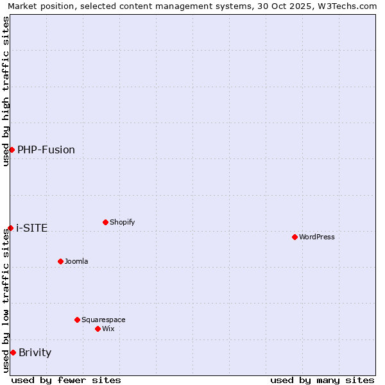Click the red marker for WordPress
pyautogui.click(x=295, y=237)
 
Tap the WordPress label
pyautogui.click(x=316, y=237)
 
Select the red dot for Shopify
pyautogui.click(x=105, y=222)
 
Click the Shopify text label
pyautogui.click(x=122, y=222)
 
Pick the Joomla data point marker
pyautogui.click(x=60, y=261)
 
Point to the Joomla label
pyautogui.click(x=76, y=261)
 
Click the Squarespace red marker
pyautogui.click(x=77, y=320)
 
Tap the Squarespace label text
pyautogui.click(x=103, y=320)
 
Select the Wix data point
pyautogui.click(x=98, y=329)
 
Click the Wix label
pyautogui.click(x=108, y=329)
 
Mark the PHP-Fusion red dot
pyautogui.click(x=12, y=150)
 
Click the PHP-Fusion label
pyautogui.click(x=46, y=150)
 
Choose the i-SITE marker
pyautogui.click(x=10, y=228)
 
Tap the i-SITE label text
pyautogui.click(x=32, y=228)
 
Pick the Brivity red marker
pyautogui.click(x=13, y=352)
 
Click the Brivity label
pyautogui.click(x=35, y=352)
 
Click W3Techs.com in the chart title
pyautogui.click(x=345, y=6)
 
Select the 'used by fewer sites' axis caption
pyautogui.click(x=66, y=380)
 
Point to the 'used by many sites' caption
pyautogui.click(x=322, y=380)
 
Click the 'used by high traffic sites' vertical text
pyautogui.click(x=6, y=91)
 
